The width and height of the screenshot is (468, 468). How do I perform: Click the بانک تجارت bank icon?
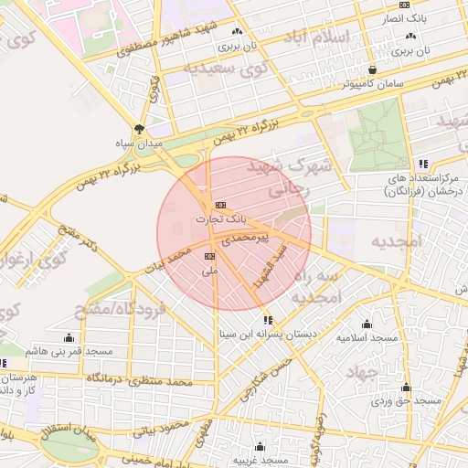(219, 205)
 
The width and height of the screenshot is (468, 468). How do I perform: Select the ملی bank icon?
(209, 256)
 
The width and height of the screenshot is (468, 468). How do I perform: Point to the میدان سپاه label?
(138, 144)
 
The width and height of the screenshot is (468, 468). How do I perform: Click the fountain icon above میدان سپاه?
(139, 129)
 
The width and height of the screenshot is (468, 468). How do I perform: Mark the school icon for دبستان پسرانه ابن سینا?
(268, 320)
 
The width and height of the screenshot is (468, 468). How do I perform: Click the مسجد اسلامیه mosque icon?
(367, 324)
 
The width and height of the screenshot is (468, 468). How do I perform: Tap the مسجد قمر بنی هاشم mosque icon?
(69, 337)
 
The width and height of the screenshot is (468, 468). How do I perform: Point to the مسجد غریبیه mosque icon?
(261, 447)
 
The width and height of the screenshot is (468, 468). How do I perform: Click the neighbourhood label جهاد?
(360, 373)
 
